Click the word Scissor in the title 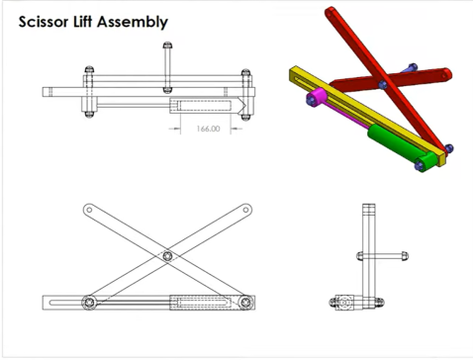point(44,22)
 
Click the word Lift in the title point(82,22)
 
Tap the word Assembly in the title point(133,23)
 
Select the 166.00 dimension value point(208,129)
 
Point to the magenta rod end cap point(317,96)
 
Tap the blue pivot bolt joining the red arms point(383,84)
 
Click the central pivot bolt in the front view point(167,256)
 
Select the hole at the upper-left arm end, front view point(89,210)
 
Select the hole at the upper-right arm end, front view point(245,210)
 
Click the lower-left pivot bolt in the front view point(89,302)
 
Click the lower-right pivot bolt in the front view point(245,302)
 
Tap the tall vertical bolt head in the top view point(167,45)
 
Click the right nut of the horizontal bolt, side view point(405,255)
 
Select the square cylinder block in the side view point(344,302)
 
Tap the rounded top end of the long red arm point(331,13)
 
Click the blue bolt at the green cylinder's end point(420,166)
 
